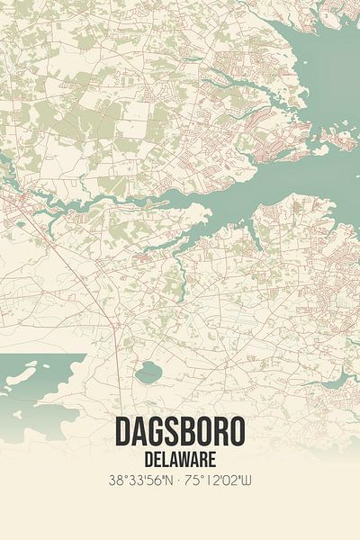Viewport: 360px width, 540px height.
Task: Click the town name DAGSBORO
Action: (x=179, y=433)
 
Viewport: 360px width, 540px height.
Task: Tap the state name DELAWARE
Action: (x=179, y=458)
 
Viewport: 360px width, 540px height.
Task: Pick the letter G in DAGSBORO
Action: (x=155, y=433)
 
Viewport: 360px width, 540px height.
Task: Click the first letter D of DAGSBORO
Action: (x=121, y=433)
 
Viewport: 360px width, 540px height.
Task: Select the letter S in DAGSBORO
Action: (x=173, y=433)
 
